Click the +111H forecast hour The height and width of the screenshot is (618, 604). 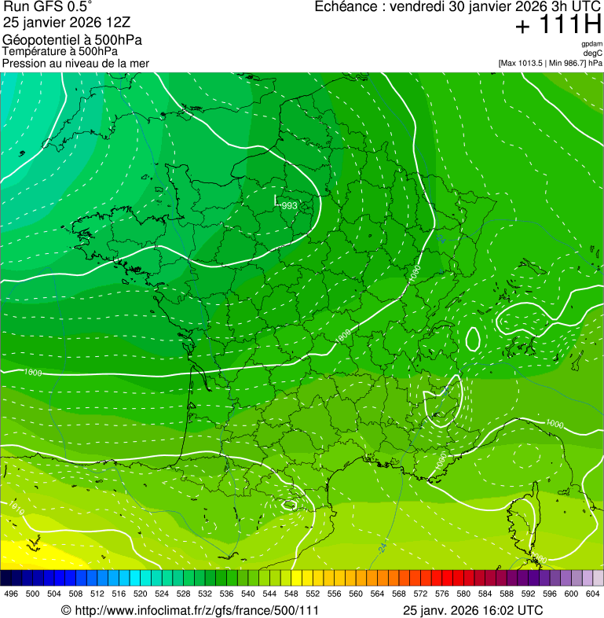tap(558, 26)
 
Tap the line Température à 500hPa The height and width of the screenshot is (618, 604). tap(60, 51)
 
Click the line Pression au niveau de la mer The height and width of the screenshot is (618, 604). tap(75, 63)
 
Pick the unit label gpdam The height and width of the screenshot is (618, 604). tap(591, 44)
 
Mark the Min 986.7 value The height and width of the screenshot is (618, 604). tap(569, 63)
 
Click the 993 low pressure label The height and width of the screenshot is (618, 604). tap(288, 205)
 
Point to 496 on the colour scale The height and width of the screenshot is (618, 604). tap(11, 594)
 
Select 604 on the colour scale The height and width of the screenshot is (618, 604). tap(593, 594)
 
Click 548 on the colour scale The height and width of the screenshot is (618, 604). tap(291, 594)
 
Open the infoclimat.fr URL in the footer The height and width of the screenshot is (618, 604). tap(196, 610)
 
